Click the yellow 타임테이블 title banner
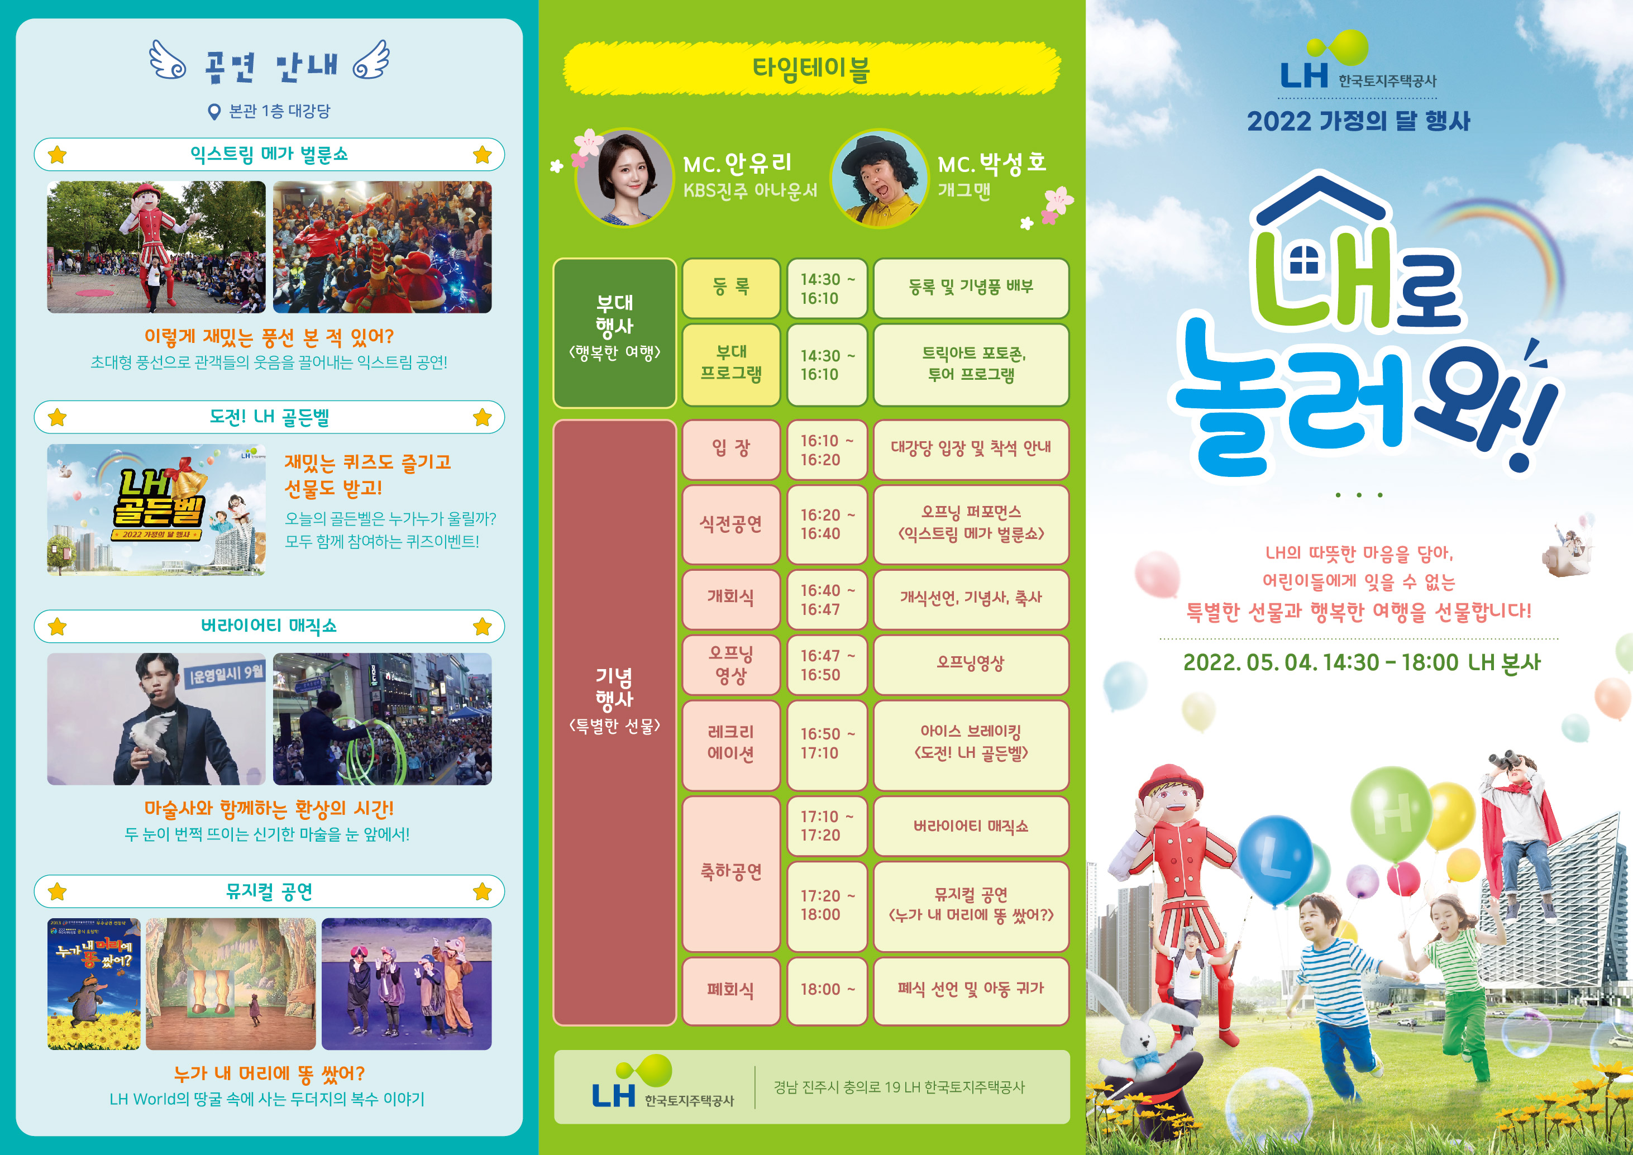[811, 68]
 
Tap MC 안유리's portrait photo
[624, 178]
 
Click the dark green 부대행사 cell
[614, 333]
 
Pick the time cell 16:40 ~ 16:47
[827, 599]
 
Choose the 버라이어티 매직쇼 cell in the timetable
[971, 825]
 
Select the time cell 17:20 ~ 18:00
[827, 906]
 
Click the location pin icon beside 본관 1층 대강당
[213, 112]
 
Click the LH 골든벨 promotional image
[156, 510]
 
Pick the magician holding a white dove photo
[156, 719]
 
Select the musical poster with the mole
[94, 984]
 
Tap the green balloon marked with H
[1391, 814]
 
